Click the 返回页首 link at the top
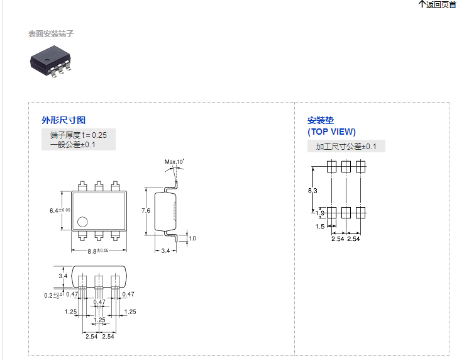pyautogui.click(x=438, y=5)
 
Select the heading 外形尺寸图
pyautogui.click(x=64, y=120)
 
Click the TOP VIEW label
pyautogui.click(x=331, y=132)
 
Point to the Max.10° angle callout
pyautogui.click(x=174, y=162)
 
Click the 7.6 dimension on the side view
pyautogui.click(x=146, y=210)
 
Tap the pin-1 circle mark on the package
pyautogui.click(x=82, y=222)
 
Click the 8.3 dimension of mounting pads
pyautogui.click(x=312, y=190)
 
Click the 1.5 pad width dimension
pyautogui.click(x=320, y=227)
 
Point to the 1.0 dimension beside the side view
pyautogui.click(x=192, y=239)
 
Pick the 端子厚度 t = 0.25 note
pyautogui.click(x=79, y=135)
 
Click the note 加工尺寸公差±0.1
pyautogui.click(x=346, y=147)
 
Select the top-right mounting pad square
pyautogui.click(x=361, y=167)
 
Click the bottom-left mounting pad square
pyautogui.click(x=332, y=212)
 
